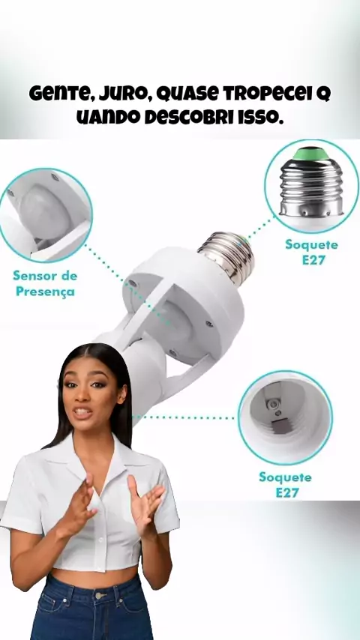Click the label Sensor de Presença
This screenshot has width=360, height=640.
[45, 284]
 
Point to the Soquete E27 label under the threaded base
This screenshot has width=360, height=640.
[312, 253]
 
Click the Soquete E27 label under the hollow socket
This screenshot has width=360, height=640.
[286, 484]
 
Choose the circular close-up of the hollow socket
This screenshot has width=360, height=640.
[285, 417]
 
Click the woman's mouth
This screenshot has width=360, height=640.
[82, 413]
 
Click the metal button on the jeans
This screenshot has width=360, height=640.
[98, 596]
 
